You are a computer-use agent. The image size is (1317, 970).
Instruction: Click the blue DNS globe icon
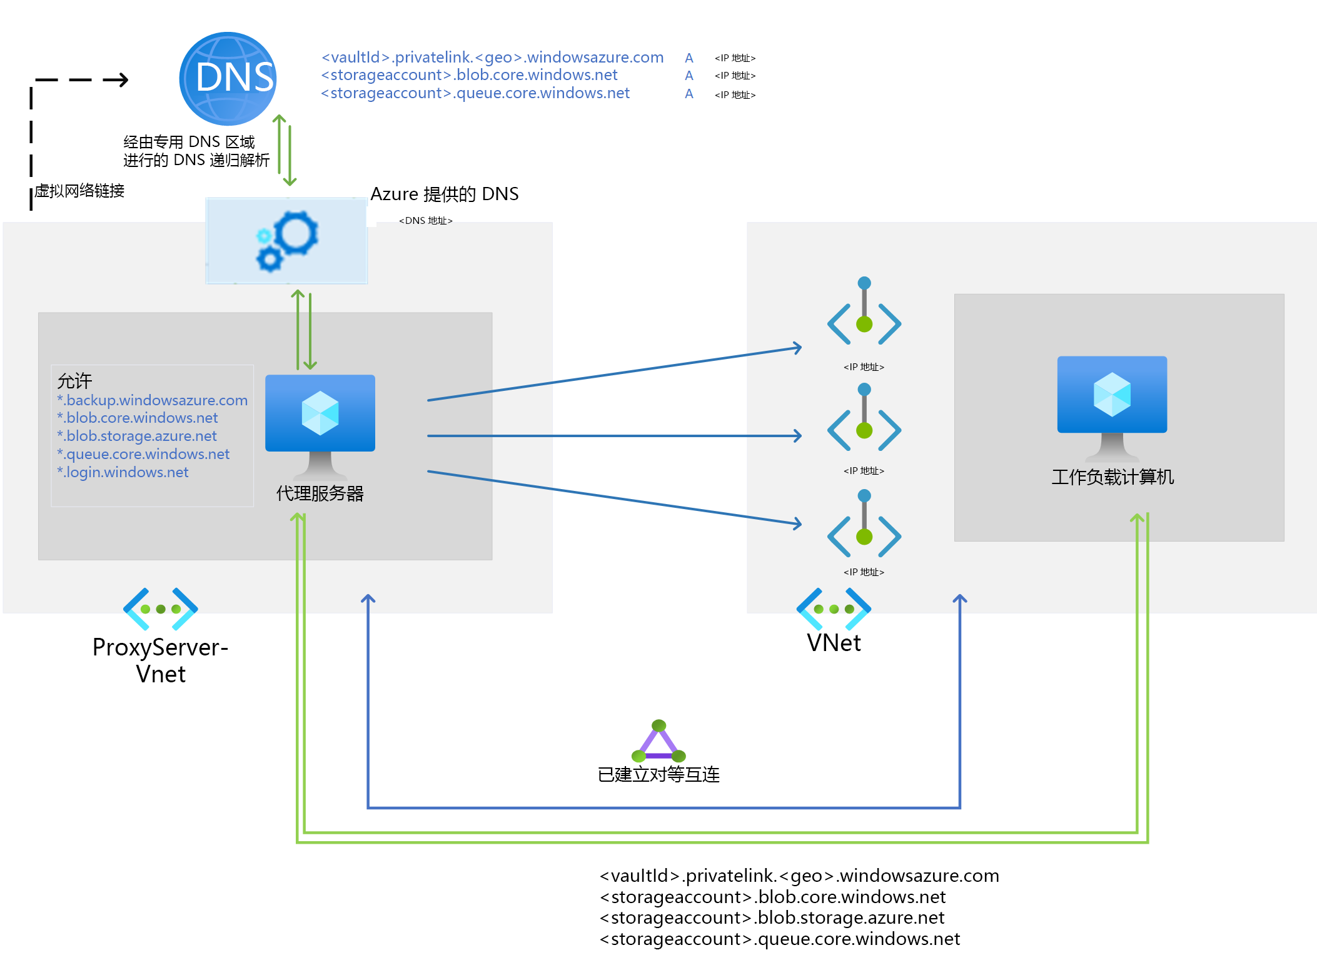point(228,78)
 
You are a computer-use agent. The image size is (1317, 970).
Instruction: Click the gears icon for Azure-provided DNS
point(287,241)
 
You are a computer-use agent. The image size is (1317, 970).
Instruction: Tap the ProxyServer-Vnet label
point(161,660)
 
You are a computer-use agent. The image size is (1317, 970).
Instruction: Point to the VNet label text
point(834,643)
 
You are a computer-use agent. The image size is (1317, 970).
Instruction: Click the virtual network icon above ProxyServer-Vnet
point(161,609)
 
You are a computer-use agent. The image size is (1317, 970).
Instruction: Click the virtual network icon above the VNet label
point(834,609)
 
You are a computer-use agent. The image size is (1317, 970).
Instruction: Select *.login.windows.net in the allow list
point(123,472)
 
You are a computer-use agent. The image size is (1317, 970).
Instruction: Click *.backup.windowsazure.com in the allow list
point(152,400)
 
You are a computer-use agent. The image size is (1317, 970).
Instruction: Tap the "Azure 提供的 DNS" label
point(445,194)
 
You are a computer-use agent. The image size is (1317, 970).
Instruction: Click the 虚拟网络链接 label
point(79,191)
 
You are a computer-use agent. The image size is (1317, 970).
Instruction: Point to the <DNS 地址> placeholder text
point(426,221)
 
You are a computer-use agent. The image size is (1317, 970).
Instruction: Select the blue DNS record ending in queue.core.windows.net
point(475,93)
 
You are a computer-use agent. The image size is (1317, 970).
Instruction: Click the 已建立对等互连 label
point(658,775)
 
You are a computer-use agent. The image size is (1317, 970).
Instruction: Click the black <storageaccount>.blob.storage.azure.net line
point(772,917)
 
